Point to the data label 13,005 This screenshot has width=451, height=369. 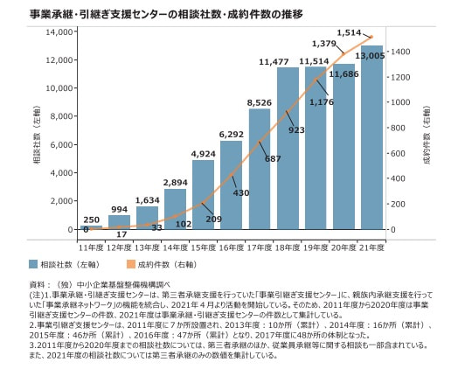(373, 55)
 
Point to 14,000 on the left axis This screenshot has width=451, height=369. (56, 32)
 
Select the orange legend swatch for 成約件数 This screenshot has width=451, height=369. (131, 263)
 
